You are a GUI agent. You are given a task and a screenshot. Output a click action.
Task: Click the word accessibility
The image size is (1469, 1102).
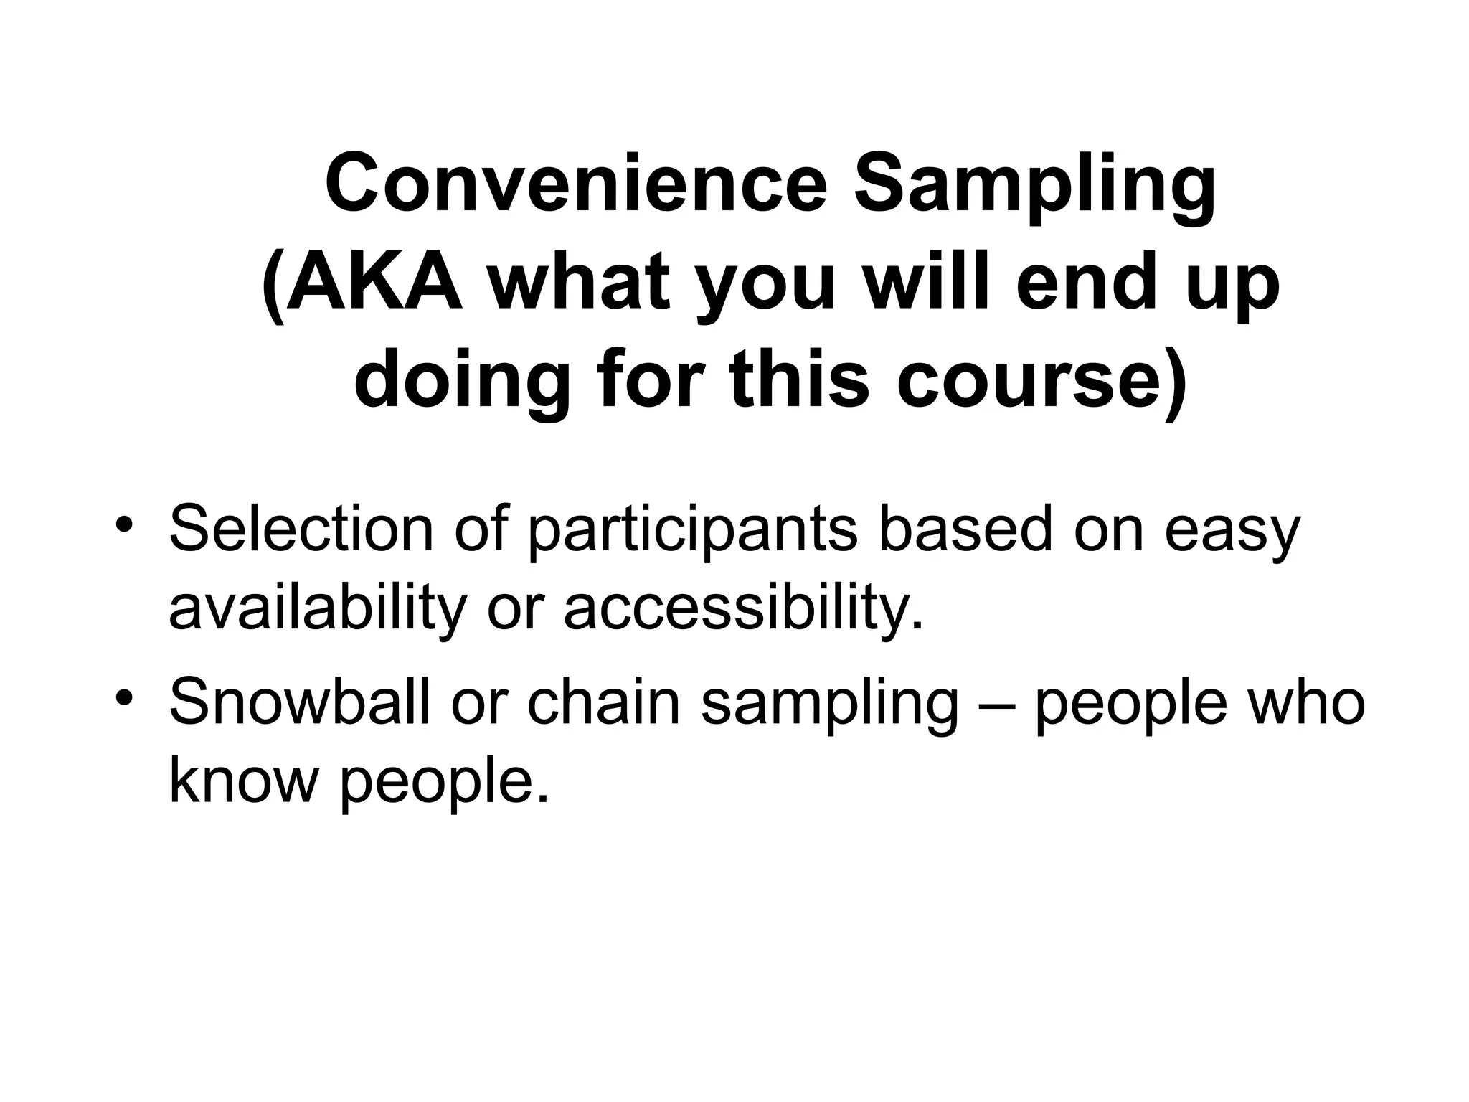(743, 608)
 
